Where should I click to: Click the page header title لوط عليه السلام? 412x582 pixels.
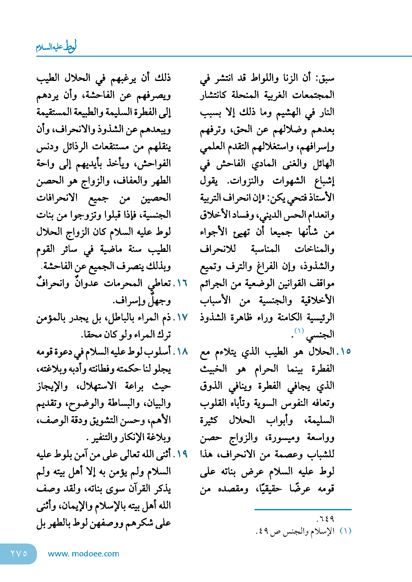click(x=56, y=47)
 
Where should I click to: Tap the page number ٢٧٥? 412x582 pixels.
click(x=19, y=553)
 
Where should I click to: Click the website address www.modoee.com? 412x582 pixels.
click(x=83, y=554)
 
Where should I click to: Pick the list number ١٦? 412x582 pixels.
click(x=180, y=283)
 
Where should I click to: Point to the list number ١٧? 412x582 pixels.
click(x=180, y=317)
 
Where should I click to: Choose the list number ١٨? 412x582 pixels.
click(x=180, y=351)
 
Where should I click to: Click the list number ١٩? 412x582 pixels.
click(x=180, y=454)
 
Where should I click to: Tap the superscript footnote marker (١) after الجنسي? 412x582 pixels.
click(x=299, y=331)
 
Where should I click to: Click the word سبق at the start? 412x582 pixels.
click(x=327, y=78)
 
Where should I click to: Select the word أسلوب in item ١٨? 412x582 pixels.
click(x=160, y=351)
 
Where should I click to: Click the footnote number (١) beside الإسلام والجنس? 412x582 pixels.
click(x=345, y=531)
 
